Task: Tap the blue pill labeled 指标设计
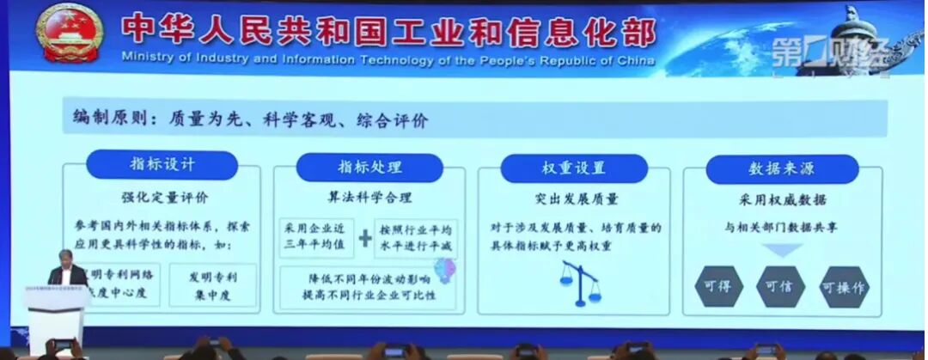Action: pos(162,165)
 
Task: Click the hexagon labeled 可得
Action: pos(716,287)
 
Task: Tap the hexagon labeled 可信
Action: pos(778,287)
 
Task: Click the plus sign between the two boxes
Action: pos(365,239)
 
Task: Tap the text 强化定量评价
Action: pos(160,198)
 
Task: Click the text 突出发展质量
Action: pos(576,199)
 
